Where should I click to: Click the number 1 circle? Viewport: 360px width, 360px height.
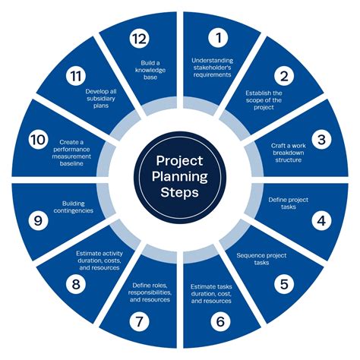(x=218, y=38)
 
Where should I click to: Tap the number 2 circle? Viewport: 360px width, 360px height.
(x=284, y=76)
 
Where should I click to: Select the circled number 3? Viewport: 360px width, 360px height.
(x=321, y=140)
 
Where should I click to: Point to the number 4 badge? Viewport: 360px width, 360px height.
(x=321, y=221)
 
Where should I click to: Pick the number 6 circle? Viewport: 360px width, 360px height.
(x=220, y=321)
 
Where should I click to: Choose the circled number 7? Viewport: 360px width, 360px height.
(x=139, y=321)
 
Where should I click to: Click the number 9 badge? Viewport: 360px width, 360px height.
(x=38, y=220)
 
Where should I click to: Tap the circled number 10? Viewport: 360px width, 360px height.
(x=38, y=140)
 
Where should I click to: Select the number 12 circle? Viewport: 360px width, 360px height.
(x=139, y=39)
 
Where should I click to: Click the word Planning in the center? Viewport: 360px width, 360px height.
(x=180, y=177)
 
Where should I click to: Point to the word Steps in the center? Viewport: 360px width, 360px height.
(x=179, y=192)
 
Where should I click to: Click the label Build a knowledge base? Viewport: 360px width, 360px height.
(x=150, y=70)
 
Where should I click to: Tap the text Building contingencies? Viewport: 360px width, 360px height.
(x=74, y=207)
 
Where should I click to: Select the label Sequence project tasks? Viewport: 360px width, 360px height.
(x=261, y=259)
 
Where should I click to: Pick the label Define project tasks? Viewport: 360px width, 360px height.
(x=289, y=204)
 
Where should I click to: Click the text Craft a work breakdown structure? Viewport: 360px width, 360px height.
(x=289, y=153)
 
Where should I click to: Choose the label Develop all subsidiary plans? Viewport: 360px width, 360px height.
(x=101, y=99)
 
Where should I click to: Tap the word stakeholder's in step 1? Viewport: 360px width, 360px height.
(x=212, y=68)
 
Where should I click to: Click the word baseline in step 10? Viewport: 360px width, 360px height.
(x=71, y=163)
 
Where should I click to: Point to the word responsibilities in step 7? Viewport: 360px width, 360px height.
(x=150, y=292)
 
